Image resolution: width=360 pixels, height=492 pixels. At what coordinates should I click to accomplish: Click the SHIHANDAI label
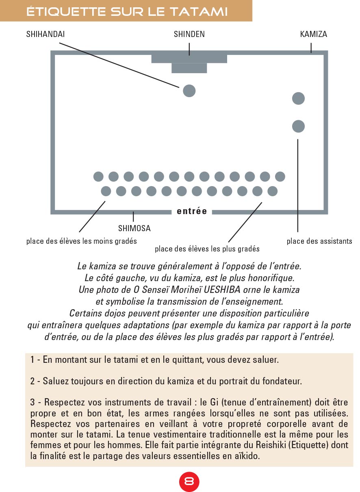46,35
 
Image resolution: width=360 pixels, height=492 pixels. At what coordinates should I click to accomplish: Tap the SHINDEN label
189,35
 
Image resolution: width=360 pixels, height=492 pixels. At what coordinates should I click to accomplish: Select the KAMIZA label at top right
313,35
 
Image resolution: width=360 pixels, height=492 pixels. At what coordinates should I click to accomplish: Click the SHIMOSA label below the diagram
134,229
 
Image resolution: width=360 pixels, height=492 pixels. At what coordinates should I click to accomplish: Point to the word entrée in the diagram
192,211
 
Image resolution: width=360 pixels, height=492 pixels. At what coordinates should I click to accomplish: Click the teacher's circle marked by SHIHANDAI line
189,91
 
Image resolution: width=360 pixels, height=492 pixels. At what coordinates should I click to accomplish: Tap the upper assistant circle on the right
298,98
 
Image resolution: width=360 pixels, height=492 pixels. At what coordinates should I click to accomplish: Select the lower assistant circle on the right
298,126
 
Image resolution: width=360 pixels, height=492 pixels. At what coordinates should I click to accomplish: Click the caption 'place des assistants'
319,241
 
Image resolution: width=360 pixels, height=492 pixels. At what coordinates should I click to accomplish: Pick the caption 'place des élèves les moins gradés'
81,241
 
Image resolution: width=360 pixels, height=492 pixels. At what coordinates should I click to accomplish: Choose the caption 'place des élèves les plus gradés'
207,249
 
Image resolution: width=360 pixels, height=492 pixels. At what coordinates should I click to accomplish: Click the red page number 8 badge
189,481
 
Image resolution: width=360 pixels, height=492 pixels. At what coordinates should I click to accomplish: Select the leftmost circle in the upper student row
99,177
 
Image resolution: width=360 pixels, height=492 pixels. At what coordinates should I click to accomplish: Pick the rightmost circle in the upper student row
280,177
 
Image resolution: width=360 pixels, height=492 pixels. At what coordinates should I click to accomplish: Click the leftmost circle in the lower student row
106,191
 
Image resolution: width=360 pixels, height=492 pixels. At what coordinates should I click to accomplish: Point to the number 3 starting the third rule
33,403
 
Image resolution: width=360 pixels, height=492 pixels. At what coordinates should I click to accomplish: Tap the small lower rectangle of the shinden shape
189,68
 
